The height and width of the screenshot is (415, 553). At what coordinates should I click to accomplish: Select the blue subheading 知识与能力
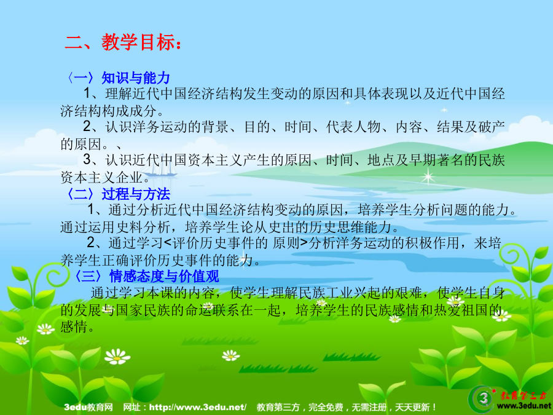point(136,77)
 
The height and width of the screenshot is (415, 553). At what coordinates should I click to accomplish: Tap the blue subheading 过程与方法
point(136,194)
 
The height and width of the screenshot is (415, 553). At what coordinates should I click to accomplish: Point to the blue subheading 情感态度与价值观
point(164,276)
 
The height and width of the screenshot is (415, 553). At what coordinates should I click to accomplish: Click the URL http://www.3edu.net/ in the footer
point(197,407)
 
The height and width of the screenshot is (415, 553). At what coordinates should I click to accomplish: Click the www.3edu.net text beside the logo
point(524,406)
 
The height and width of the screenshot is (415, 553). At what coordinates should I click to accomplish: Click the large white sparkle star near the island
point(428,177)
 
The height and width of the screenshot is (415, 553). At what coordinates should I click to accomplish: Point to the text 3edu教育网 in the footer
point(88,407)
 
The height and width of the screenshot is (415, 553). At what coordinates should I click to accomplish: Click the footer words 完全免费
point(326,407)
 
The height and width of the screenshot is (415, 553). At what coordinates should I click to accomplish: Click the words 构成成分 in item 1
point(129,111)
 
